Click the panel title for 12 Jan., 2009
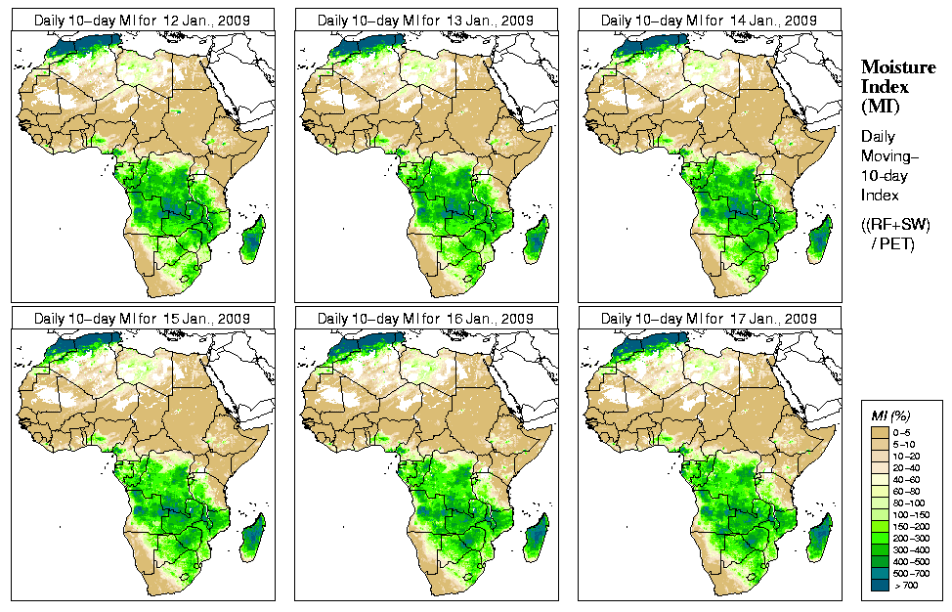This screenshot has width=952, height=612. click(142, 21)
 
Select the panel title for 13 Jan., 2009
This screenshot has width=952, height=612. click(425, 21)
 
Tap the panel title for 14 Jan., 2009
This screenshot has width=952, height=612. click(709, 21)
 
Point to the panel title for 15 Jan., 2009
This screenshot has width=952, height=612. click(142, 319)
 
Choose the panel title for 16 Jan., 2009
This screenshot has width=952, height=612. click(425, 319)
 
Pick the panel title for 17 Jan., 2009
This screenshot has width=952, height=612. click(709, 319)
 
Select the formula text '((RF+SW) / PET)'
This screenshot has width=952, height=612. click(895, 234)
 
